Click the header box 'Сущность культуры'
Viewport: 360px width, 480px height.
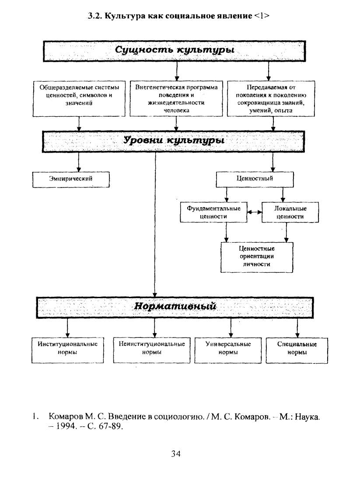click(175, 51)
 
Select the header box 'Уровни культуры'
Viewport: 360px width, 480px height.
click(173, 142)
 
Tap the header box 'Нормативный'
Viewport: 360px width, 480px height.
click(175, 307)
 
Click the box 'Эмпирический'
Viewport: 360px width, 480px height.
click(71, 179)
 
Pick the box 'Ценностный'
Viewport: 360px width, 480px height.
click(255, 179)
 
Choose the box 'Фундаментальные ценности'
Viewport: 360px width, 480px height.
click(213, 212)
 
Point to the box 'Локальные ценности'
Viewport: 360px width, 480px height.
click(290, 212)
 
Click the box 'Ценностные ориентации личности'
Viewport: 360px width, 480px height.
click(257, 257)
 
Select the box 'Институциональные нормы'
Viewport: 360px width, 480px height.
click(67, 350)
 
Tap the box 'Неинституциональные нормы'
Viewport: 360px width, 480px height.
click(152, 350)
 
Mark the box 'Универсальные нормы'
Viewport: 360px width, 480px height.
click(228, 350)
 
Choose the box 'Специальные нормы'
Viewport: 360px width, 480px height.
click(297, 350)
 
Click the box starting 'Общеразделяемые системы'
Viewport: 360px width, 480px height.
click(79, 98)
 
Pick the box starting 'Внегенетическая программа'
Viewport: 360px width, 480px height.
click(176, 98)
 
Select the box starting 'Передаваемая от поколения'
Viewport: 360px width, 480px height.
click(271, 98)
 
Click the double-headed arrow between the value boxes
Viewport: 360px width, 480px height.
click(254, 212)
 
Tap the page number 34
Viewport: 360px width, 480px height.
click(175, 454)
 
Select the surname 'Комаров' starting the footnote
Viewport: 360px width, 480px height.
click(65, 417)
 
